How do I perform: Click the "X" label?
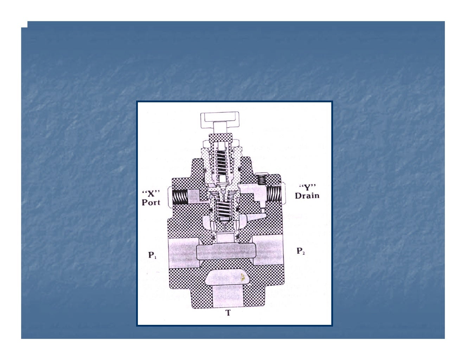click(x=151, y=193)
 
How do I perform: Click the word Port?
click(x=151, y=202)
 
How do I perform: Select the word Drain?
click(x=307, y=195)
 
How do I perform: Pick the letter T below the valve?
click(x=228, y=313)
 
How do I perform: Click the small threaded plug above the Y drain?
click(x=261, y=180)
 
